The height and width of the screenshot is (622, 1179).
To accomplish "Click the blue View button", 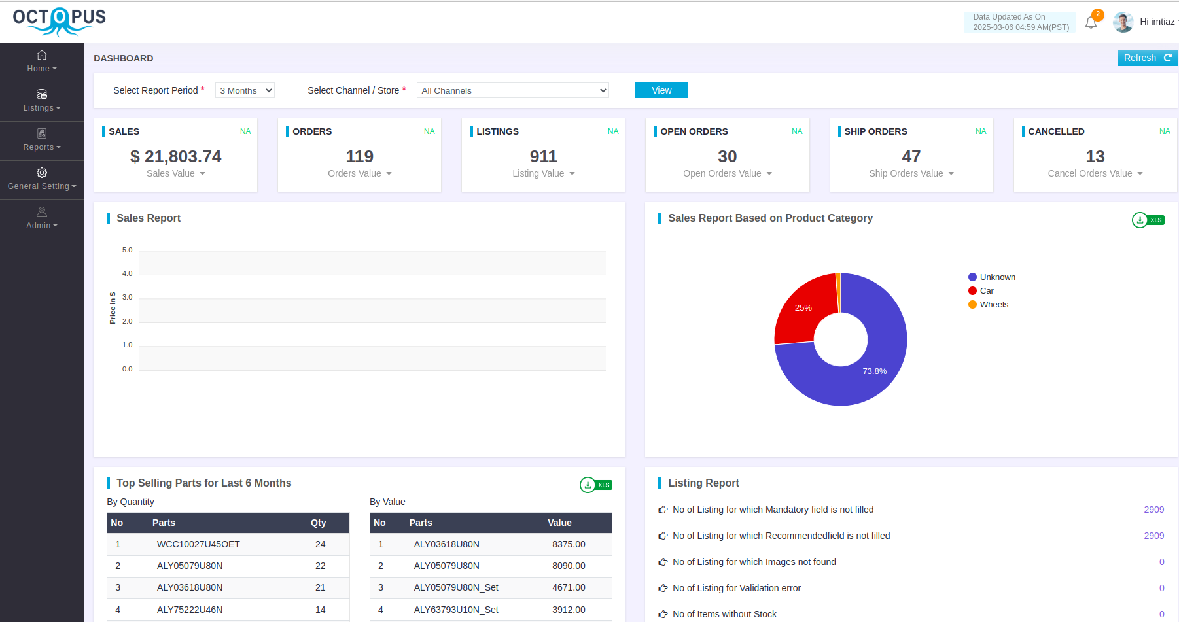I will click(x=661, y=90).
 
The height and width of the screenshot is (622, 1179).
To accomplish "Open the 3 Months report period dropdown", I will click(x=245, y=90).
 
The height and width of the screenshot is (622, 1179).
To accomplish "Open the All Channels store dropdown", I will click(x=512, y=90).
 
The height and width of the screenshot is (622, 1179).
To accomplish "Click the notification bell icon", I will click(x=1091, y=23).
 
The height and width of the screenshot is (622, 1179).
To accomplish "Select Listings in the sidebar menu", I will click(x=41, y=101).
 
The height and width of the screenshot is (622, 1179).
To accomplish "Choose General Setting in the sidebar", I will click(x=41, y=179).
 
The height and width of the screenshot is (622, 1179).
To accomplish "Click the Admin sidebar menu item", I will click(x=41, y=218).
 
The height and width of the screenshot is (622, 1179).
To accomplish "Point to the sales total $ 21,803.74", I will click(x=175, y=156).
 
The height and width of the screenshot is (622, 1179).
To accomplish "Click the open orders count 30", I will click(x=727, y=156).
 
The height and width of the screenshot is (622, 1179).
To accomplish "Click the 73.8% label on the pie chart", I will click(x=874, y=371).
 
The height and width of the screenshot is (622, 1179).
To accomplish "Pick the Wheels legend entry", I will click(x=993, y=305).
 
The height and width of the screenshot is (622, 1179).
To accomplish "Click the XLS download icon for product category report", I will click(x=1148, y=220).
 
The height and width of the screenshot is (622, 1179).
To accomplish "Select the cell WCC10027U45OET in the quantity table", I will click(x=198, y=544).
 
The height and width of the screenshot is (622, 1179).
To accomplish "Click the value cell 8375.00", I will click(x=569, y=544).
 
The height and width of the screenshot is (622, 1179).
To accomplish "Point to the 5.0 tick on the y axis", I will click(x=127, y=250).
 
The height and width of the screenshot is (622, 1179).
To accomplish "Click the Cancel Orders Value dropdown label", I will click(x=1095, y=173).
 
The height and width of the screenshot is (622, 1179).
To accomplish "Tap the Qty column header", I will click(x=318, y=523).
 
